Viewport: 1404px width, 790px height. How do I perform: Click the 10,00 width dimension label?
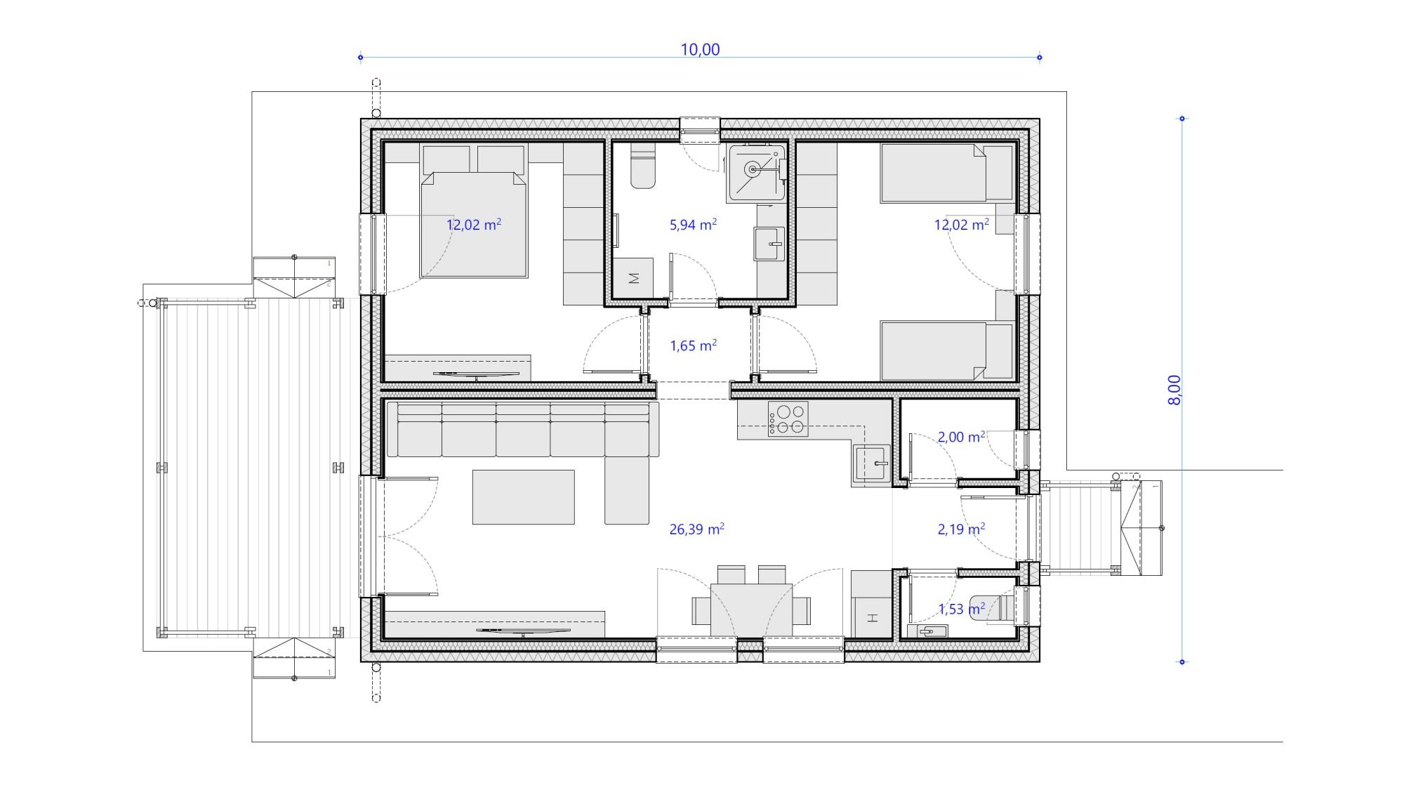[700, 49]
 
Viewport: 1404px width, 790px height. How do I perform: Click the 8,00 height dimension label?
[1174, 390]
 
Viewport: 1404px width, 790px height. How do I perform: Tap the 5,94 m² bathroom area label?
[693, 225]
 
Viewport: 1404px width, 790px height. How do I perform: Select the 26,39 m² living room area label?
[696, 529]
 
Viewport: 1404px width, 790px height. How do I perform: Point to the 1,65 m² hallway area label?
[693, 345]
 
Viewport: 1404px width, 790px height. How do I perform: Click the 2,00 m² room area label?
[961, 437]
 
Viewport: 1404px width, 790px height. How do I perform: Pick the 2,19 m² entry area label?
[961, 529]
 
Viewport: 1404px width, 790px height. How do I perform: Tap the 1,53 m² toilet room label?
[961, 609]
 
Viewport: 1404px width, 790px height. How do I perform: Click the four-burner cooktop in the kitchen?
[788, 419]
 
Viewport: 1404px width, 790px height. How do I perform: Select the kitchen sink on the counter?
[872, 463]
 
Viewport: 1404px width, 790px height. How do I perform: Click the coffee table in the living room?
[523, 497]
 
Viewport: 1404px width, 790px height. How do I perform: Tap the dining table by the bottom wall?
[751, 610]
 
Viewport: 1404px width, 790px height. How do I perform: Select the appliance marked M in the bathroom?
[633, 278]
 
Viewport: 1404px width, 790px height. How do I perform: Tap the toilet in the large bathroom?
[642, 166]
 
